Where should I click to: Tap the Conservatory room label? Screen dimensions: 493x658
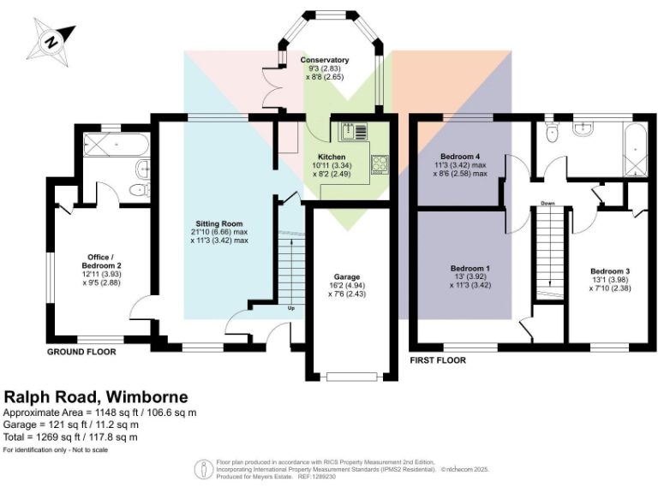click(x=325, y=60)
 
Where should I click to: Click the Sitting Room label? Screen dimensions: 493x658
click(x=218, y=223)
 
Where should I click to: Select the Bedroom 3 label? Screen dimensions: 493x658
click(x=609, y=271)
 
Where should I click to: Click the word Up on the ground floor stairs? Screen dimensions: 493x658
click(x=291, y=308)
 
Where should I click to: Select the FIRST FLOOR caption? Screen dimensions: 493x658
click(x=439, y=360)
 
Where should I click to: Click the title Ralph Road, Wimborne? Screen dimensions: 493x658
click(x=96, y=397)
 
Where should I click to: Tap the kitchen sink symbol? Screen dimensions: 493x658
click(x=352, y=132)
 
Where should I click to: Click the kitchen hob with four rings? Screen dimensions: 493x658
click(x=380, y=163)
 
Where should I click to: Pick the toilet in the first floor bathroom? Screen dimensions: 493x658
click(x=552, y=132)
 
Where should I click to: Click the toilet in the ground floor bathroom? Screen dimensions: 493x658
click(x=138, y=190)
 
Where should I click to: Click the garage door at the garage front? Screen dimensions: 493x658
click(x=351, y=374)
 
